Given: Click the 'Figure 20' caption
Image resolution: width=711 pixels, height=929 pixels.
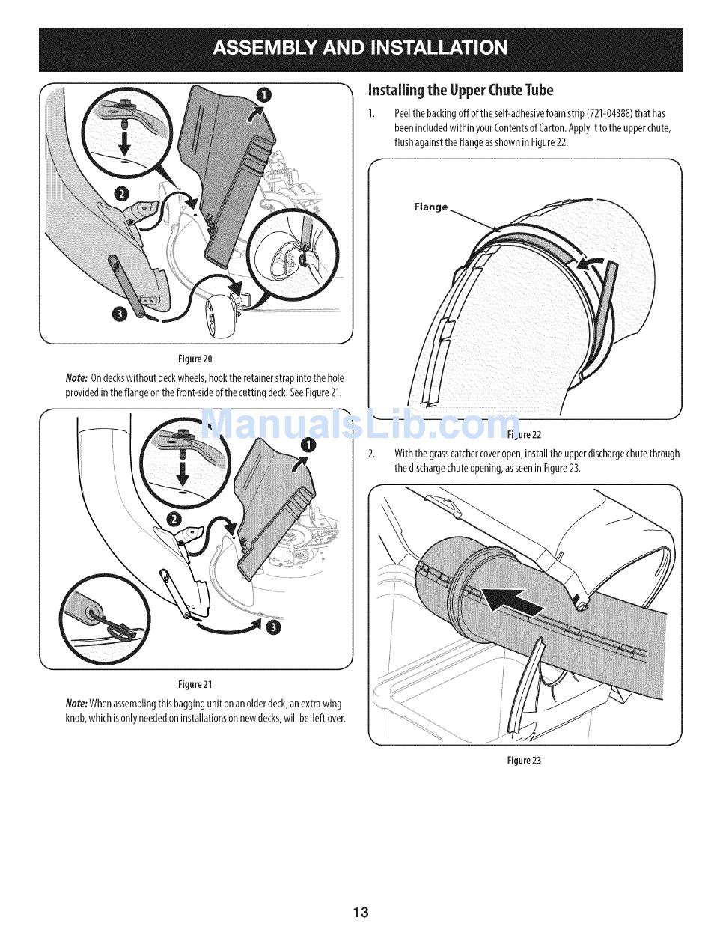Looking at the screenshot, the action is (x=195, y=358).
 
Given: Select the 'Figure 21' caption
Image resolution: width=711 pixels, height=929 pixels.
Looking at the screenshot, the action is (x=195, y=684).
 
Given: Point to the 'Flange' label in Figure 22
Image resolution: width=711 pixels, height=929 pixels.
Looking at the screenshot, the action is (x=431, y=207).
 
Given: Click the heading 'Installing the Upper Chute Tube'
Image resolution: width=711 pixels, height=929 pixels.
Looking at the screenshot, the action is (x=460, y=91).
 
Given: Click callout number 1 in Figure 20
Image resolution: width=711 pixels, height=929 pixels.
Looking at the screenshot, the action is (x=263, y=94).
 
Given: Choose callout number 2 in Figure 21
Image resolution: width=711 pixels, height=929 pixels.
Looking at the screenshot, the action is (x=174, y=520).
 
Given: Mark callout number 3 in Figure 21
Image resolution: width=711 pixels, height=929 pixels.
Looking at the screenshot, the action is (x=275, y=627).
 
